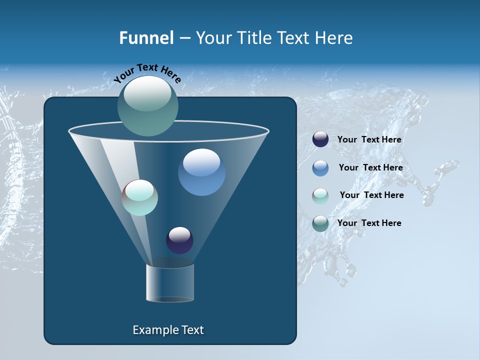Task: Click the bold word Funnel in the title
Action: (x=146, y=38)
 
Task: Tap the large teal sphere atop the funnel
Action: (x=148, y=105)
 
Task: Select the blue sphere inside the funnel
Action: (x=201, y=172)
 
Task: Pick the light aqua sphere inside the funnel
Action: (x=139, y=197)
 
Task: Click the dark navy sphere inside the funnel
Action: (x=179, y=240)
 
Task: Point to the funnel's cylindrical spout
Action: (x=170, y=283)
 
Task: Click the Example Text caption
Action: (x=168, y=330)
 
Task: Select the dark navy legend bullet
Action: (x=320, y=139)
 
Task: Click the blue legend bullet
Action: (x=320, y=168)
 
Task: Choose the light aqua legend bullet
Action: (x=320, y=196)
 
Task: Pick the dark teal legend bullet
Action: (x=320, y=223)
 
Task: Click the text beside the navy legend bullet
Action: (x=369, y=140)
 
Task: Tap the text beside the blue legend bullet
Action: (x=370, y=167)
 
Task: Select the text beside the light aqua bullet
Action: (x=371, y=195)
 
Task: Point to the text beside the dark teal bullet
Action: (x=369, y=223)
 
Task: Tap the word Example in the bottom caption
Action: (x=155, y=330)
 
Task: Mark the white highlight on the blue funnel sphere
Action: (x=201, y=162)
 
